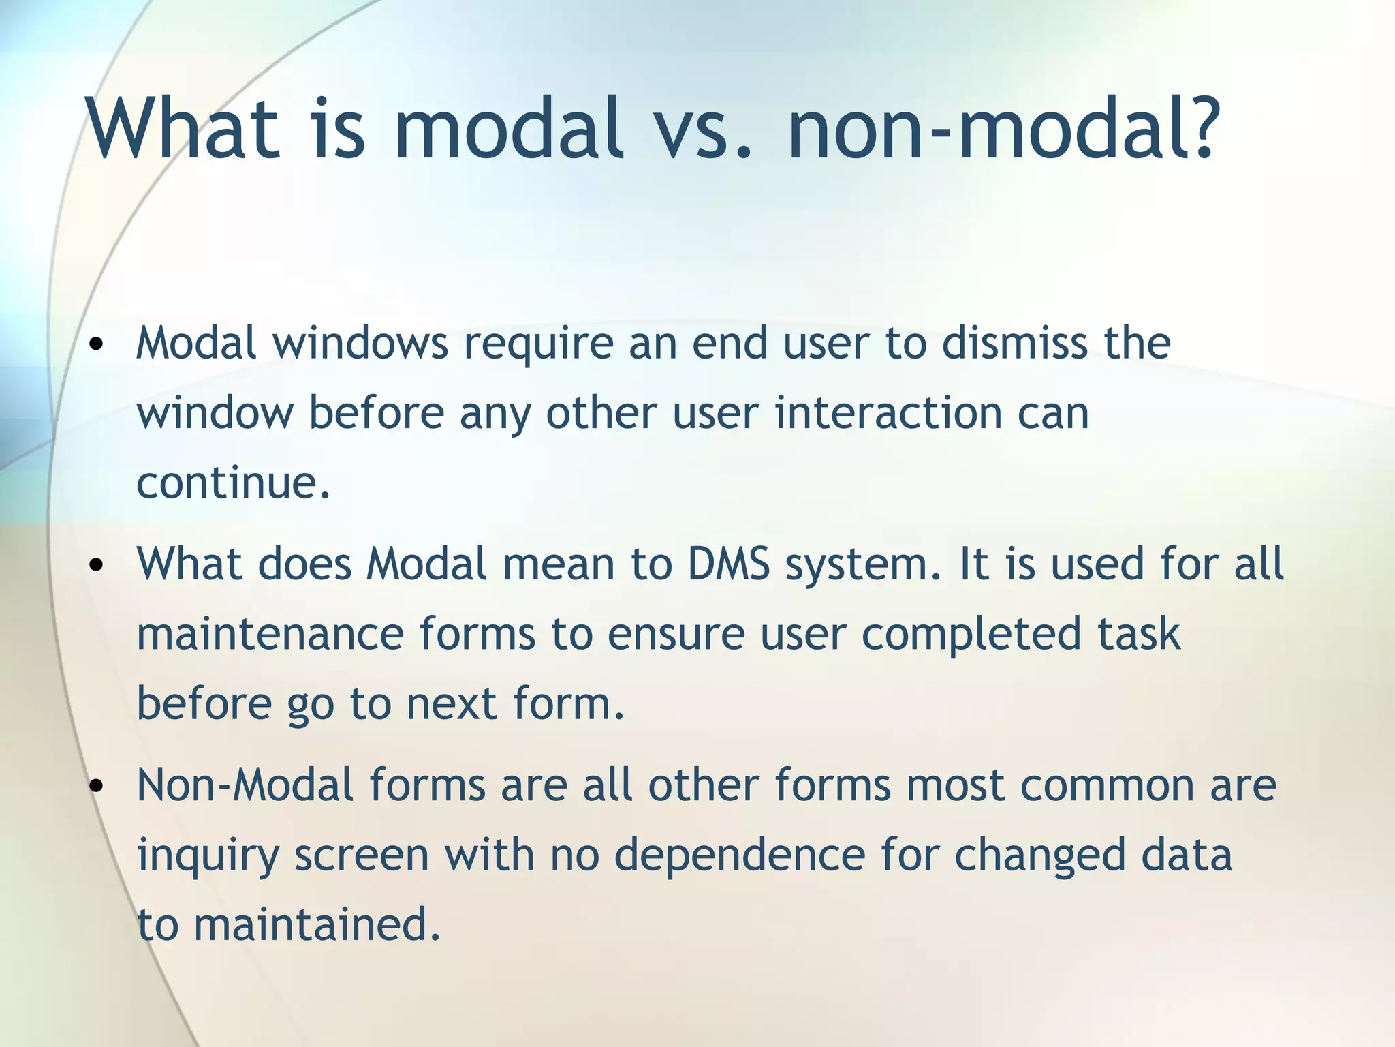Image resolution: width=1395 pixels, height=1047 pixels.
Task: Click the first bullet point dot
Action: pyautogui.click(x=97, y=344)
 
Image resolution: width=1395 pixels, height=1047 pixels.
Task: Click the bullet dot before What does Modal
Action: pyautogui.click(x=97, y=565)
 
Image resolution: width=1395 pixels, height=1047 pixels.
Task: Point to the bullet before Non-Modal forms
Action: pyautogui.click(x=97, y=786)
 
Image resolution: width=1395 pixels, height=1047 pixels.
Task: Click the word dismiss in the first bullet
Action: pyautogui.click(x=1015, y=342)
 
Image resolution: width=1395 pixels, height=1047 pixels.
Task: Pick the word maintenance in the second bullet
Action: pyautogui.click(x=270, y=634)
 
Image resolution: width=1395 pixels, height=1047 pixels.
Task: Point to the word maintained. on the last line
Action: pyautogui.click(x=317, y=925)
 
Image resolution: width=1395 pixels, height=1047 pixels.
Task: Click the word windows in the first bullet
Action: pyautogui.click(x=361, y=342)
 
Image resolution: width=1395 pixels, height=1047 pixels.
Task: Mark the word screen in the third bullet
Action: pyautogui.click(x=362, y=856)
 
